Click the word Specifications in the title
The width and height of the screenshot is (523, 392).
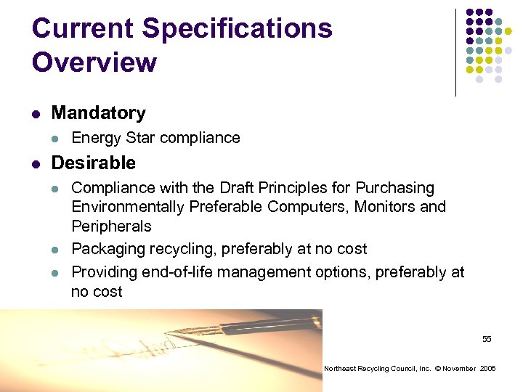(238, 29)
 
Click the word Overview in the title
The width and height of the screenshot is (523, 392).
(94, 62)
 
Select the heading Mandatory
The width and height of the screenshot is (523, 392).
(99, 113)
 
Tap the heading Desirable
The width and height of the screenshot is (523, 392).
(94, 163)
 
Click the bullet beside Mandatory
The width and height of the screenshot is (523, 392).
(36, 114)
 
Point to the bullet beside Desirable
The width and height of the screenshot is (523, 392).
(36, 163)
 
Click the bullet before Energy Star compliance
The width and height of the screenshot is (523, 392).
(56, 139)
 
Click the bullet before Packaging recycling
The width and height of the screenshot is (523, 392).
(56, 250)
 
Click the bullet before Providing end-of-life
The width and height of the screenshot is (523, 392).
(56, 272)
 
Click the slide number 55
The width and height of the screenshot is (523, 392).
(487, 340)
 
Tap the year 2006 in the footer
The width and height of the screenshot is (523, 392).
(487, 369)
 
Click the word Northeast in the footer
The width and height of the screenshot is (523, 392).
(340, 369)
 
